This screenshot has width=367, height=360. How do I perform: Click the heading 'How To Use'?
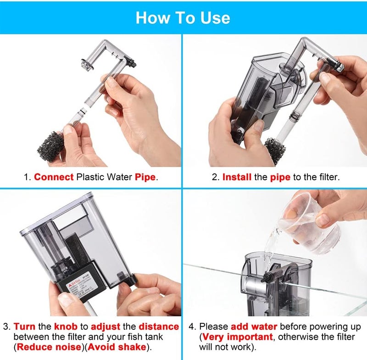183,17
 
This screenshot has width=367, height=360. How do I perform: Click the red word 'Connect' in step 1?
54,177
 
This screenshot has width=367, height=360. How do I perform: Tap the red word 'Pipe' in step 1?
145,177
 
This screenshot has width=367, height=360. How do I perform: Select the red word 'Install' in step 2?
237,177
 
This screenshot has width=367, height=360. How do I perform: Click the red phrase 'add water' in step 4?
254,327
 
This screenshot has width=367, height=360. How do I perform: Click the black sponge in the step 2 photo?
274,150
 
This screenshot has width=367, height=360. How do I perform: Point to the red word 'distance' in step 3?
159,327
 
